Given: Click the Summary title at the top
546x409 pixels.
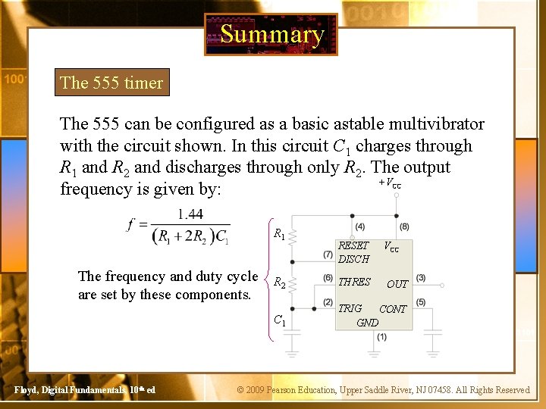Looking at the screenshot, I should [x=271, y=34].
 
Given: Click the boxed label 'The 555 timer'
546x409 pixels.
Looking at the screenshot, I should [x=111, y=83].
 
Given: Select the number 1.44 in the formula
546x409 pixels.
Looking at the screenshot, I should [x=188, y=214].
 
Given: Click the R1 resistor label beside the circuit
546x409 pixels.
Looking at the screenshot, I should [x=279, y=235].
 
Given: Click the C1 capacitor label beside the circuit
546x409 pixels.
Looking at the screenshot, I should [x=279, y=320].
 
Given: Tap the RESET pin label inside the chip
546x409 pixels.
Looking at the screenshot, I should [x=353, y=245].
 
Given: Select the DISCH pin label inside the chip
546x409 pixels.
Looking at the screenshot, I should [x=353, y=259].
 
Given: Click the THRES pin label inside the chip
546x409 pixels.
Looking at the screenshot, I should [x=354, y=282].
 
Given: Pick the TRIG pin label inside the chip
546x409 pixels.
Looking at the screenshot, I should [x=350, y=308].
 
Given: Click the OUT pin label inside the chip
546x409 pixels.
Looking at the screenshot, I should [x=397, y=284].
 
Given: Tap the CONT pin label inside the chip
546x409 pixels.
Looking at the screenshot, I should [x=393, y=309].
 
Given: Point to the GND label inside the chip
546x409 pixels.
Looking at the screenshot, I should [x=368, y=322].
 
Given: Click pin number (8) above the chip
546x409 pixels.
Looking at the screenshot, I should [x=404, y=226].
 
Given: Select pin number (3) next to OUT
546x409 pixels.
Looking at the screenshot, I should [x=420, y=278].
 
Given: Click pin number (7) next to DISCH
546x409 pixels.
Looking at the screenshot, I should [x=328, y=254].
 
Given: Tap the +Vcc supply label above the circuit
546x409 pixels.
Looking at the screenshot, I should [x=390, y=183].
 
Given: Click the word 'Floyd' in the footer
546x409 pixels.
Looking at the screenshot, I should [x=26, y=390].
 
